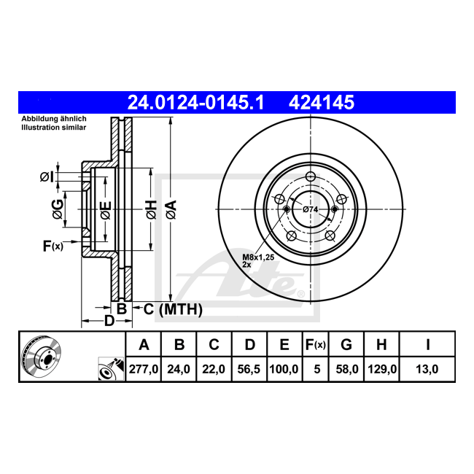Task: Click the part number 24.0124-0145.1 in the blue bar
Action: click(x=196, y=102)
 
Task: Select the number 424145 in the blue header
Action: click(x=322, y=102)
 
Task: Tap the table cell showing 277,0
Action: click(x=144, y=369)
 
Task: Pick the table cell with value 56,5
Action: click(x=249, y=369)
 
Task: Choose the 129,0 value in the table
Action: click(x=382, y=369)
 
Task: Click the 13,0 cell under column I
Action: click(x=427, y=369)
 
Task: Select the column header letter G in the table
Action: click(x=346, y=344)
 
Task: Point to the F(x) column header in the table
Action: click(x=315, y=344)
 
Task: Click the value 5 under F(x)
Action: click(x=316, y=369)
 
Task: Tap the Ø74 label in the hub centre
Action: click(x=310, y=209)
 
